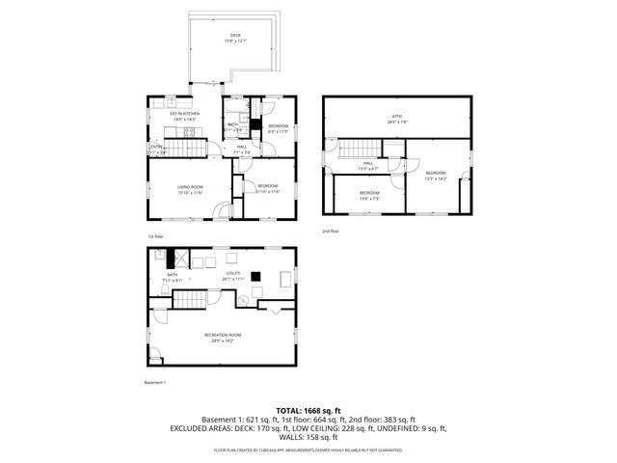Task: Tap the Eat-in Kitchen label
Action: click(184, 117)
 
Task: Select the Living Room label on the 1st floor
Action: click(189, 189)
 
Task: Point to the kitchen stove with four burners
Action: click(157, 103)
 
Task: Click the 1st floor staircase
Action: click(189, 147)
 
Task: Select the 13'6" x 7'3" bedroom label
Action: click(370, 195)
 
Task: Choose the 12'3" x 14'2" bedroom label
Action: click(436, 175)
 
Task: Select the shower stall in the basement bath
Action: click(177, 258)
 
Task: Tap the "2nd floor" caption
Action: click(331, 231)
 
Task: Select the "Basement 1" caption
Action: click(155, 383)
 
